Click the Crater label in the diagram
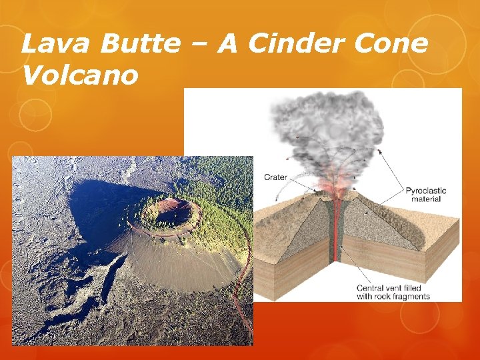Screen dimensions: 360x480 (x=276, y=177)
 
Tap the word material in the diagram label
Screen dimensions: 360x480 (x=425, y=199)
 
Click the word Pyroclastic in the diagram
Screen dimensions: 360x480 (x=425, y=191)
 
